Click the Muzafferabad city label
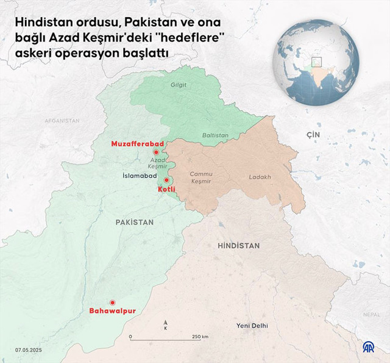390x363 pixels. coord(137,143)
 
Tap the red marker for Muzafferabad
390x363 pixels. coord(156,151)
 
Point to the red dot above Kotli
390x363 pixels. coord(166,180)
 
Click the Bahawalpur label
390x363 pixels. coord(112,311)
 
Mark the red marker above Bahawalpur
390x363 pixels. coord(112,302)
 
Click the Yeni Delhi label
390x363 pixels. coord(252,326)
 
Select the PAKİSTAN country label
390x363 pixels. coord(134,223)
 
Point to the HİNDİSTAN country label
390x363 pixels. coord(238,246)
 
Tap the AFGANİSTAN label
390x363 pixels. coord(62,121)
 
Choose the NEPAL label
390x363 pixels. coord(371,314)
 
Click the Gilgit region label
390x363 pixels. coord(179,85)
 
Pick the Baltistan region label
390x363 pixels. coord(215,135)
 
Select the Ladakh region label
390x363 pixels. coord(260,178)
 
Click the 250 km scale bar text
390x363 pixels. coord(200,337)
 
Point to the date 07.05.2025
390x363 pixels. coord(29,350)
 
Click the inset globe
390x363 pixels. coord(317,63)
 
